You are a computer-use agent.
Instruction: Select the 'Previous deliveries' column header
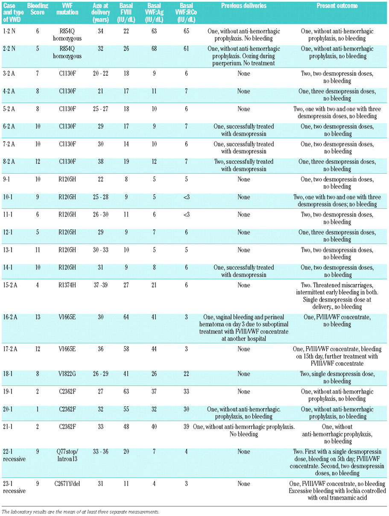click(244, 6)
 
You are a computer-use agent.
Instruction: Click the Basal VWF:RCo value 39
click(184, 427)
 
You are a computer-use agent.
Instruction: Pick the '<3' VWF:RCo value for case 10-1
click(184, 197)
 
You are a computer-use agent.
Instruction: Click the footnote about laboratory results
click(80, 511)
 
